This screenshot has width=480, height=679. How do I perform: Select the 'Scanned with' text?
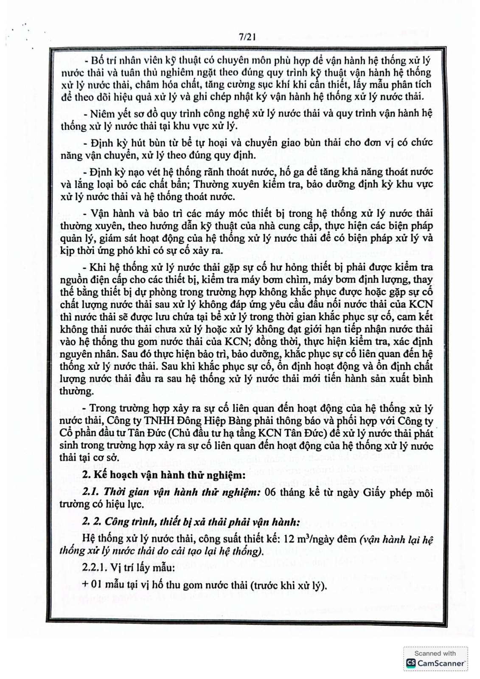pyautogui.click(x=435, y=653)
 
